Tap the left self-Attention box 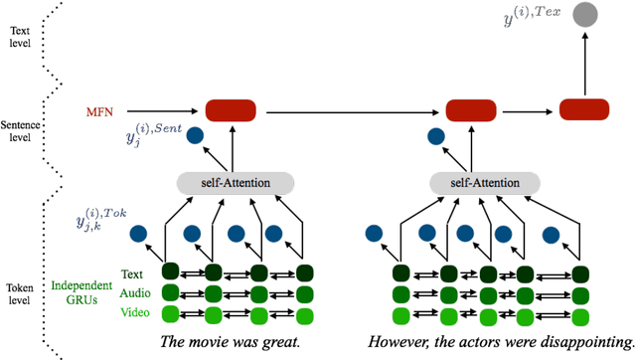tap(236, 183)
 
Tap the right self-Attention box tap(485, 183)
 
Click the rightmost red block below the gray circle tap(584, 110)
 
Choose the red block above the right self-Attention tap(470, 110)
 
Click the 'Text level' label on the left tap(19, 37)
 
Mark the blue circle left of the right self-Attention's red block tap(435, 136)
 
